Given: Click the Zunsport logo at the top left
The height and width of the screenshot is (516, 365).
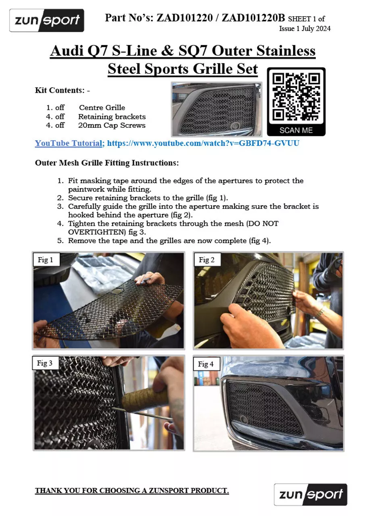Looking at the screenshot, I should click(x=47, y=20).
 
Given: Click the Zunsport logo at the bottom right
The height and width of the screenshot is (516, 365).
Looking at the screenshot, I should click(x=310, y=494).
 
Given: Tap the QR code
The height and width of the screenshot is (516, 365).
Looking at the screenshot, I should click(x=296, y=96).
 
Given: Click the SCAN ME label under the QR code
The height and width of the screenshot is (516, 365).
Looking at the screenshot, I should click(x=296, y=130).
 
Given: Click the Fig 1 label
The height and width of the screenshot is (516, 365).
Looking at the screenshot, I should click(x=46, y=260).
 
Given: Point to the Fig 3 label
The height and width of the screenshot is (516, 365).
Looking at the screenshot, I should click(x=45, y=363).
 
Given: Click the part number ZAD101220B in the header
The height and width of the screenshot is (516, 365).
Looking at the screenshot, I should click(x=254, y=18).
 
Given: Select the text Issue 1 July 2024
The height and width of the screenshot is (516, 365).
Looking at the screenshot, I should click(x=305, y=29).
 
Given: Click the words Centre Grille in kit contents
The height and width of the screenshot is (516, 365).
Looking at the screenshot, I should click(x=102, y=108).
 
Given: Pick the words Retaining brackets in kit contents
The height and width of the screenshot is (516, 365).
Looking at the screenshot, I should click(x=112, y=117).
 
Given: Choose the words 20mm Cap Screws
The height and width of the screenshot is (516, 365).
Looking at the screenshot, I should click(x=112, y=125).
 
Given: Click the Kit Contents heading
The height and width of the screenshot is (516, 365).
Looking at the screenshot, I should click(x=62, y=90).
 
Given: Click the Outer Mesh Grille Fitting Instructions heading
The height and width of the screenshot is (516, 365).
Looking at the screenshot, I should click(x=107, y=163).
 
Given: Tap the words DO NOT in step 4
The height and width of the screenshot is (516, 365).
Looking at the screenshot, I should click(x=264, y=223).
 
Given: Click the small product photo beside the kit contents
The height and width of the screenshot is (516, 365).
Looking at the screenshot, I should click(x=216, y=109).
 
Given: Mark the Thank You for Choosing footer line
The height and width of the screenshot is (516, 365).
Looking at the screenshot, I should click(x=132, y=491).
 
